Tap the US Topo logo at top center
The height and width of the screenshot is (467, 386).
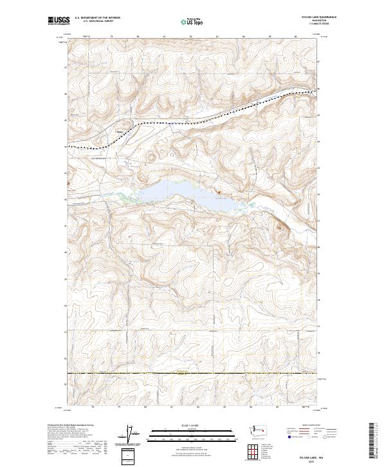pos(193,21)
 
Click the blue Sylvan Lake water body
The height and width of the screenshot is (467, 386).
pos(174,193)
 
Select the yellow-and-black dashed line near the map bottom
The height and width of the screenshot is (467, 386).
pos(193,373)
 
